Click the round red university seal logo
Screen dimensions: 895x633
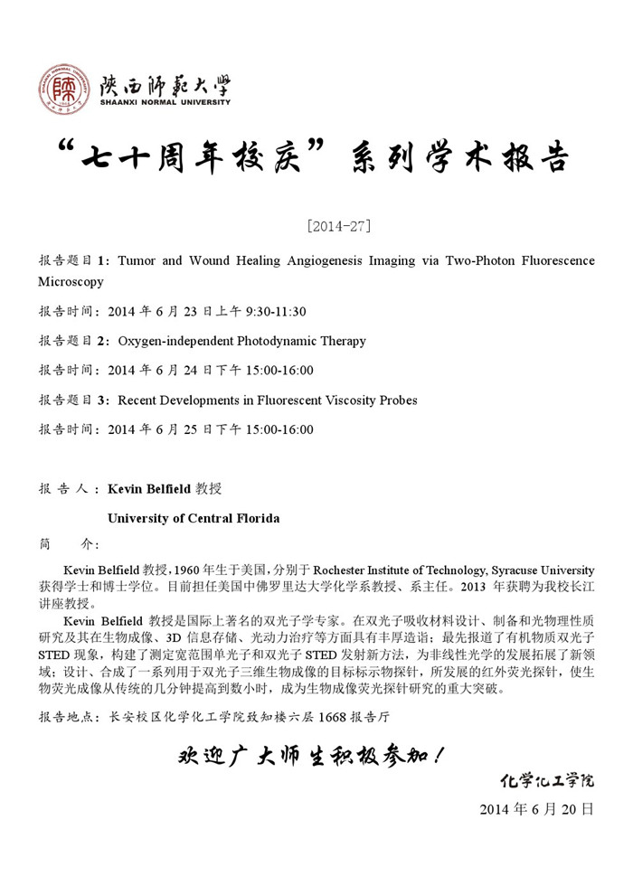point(64,89)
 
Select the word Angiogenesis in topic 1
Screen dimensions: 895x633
point(321,261)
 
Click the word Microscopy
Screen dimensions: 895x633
point(71,282)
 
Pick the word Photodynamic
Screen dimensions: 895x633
point(279,342)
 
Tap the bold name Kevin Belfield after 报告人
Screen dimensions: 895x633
point(149,489)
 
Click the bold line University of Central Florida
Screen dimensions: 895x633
point(194,519)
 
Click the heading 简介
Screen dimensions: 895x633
point(72,545)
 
